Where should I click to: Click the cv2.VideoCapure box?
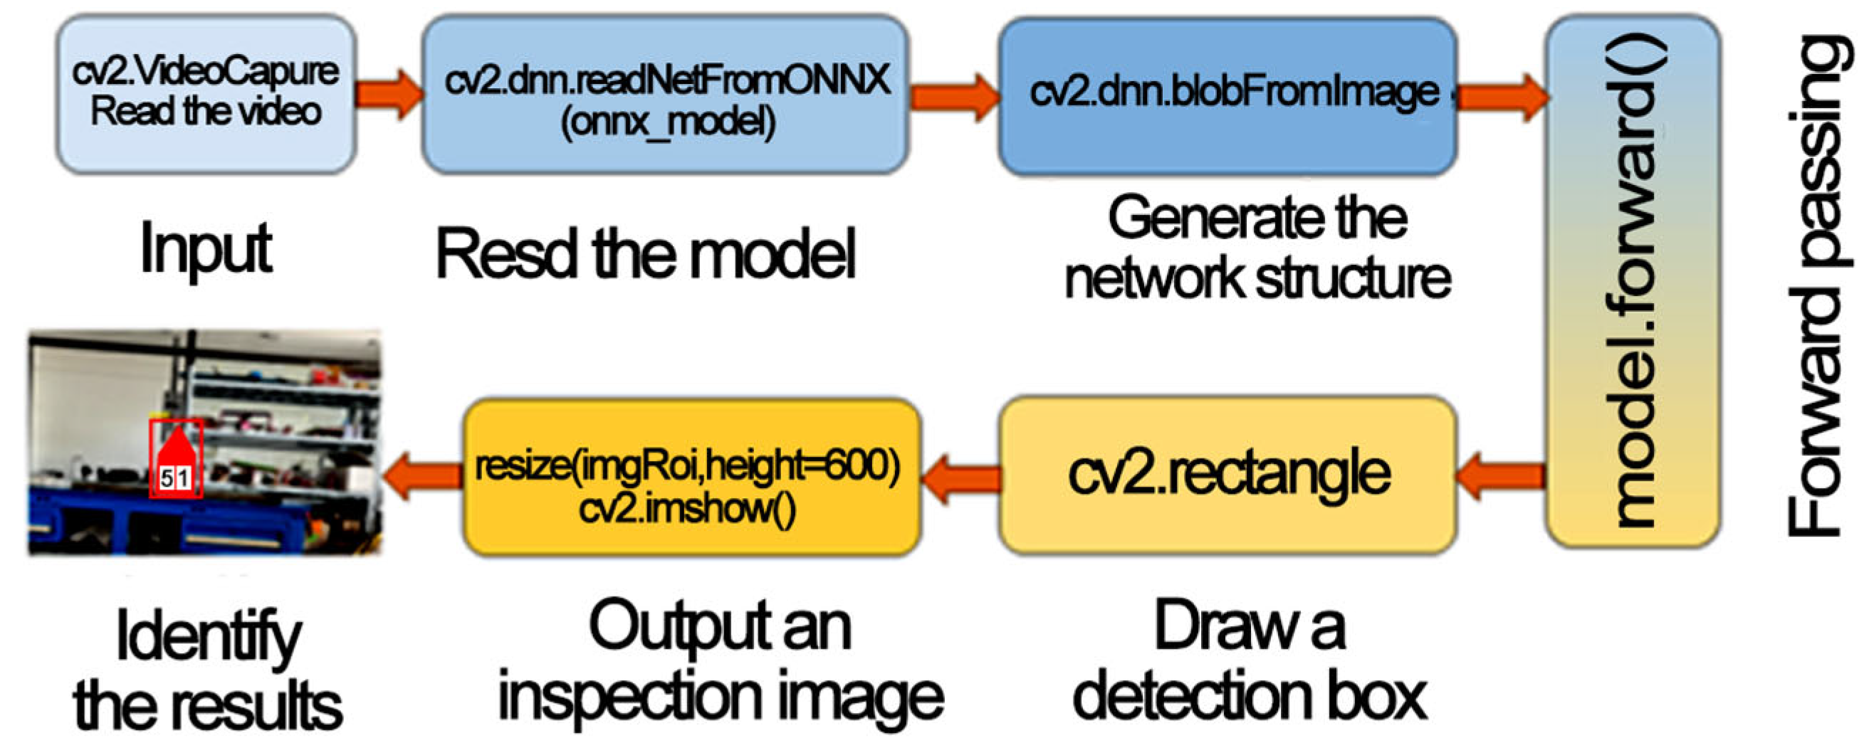(x=206, y=95)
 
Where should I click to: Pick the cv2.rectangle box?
(x=1227, y=475)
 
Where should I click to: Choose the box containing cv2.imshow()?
(x=691, y=477)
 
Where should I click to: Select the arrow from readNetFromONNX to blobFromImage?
(x=954, y=96)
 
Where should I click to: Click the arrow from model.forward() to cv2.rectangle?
(x=1500, y=476)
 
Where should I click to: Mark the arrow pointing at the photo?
(x=423, y=476)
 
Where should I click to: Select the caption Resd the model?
(x=646, y=254)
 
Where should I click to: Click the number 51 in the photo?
(x=175, y=478)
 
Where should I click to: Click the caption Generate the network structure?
(x=1257, y=248)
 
